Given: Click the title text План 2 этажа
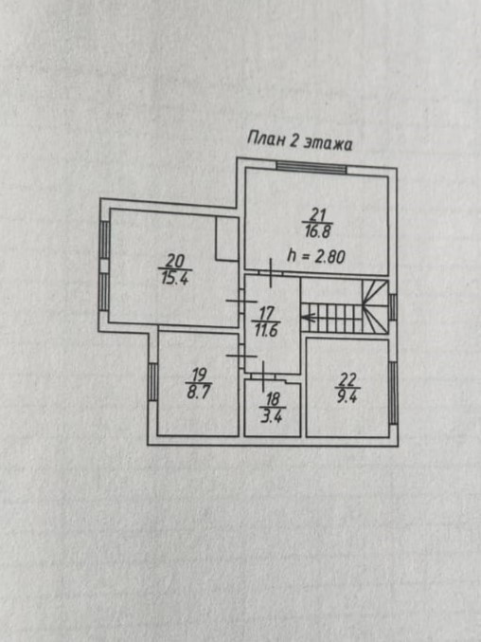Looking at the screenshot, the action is tap(299, 141).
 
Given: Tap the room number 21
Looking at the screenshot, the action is tap(317, 214).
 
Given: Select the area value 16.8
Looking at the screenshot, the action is tap(317, 231).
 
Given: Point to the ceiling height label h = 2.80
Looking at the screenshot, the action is tap(316, 256).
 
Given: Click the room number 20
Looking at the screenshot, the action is tap(175, 261).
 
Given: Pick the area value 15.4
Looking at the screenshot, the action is tap(174, 279).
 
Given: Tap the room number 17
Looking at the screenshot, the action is tap(266, 314).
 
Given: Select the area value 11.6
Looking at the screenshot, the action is tap(266, 330).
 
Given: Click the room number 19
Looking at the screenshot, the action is tap(199, 375).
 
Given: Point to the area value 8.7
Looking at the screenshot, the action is tap(199, 392).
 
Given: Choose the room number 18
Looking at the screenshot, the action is tap(273, 399).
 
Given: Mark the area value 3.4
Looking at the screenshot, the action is tap(272, 416).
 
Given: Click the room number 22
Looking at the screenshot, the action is tap(347, 379).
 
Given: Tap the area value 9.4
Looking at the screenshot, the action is tap(347, 396).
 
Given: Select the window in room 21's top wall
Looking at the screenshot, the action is tap(312, 168).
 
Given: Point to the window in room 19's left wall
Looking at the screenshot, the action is tap(152, 382).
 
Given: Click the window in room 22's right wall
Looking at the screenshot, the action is tap(393, 393).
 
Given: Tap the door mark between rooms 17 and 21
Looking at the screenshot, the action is tap(271, 273).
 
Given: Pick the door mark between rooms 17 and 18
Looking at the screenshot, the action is tap(263, 376).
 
